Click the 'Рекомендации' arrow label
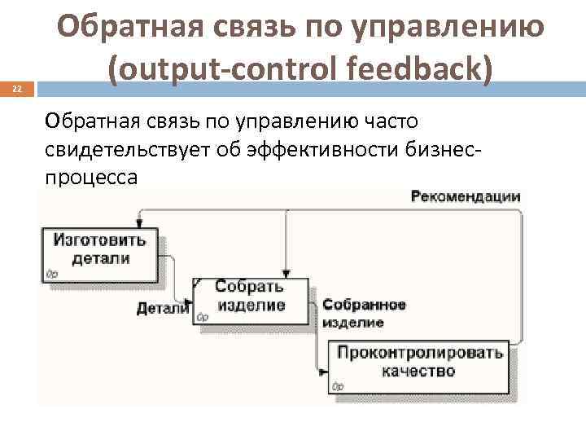[465, 196]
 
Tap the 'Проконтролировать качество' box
[420, 363]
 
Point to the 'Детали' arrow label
[162, 309]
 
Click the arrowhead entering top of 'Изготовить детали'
[140, 224]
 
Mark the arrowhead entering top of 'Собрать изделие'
[286, 274]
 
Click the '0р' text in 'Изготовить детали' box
[52, 274]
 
